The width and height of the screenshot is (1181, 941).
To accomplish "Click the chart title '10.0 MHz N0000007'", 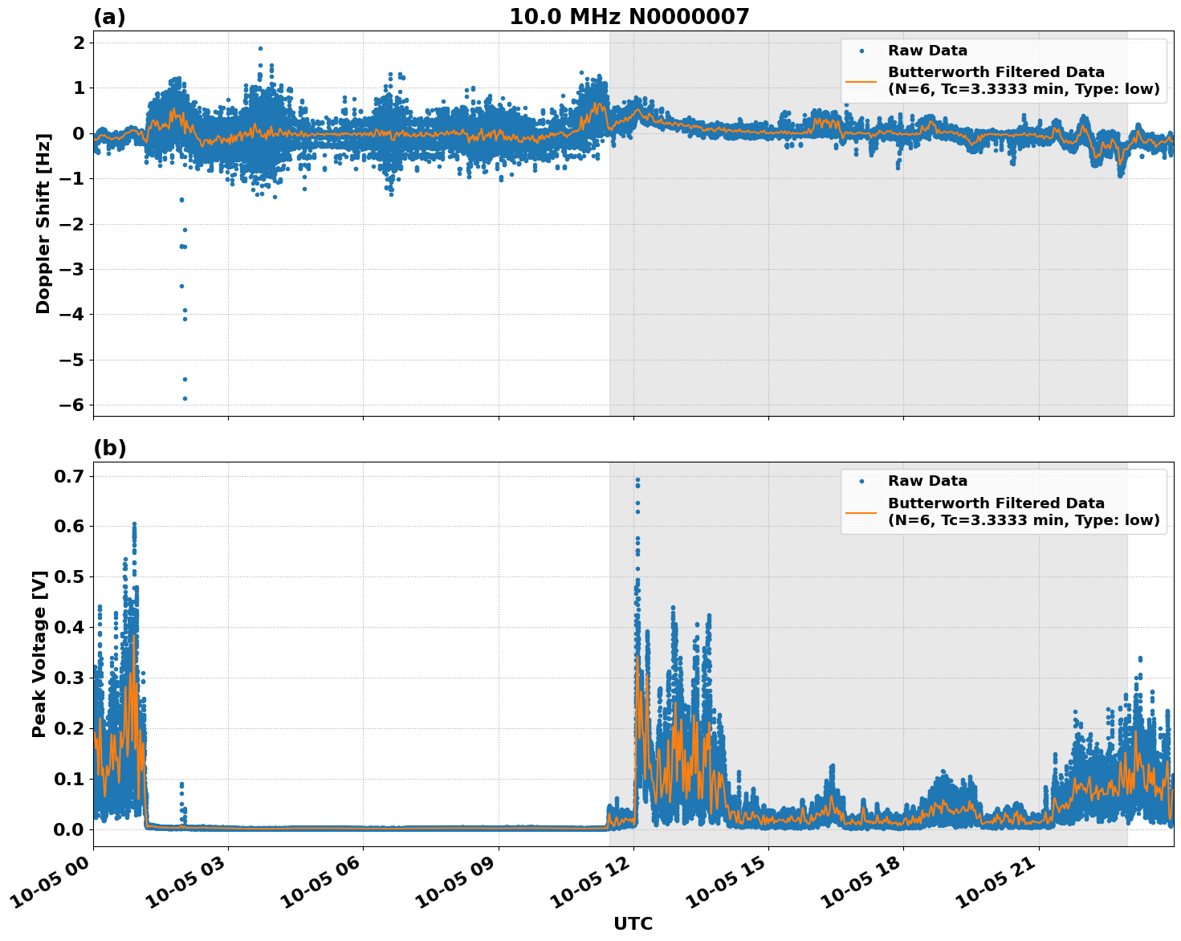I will pyautogui.click(x=629, y=17).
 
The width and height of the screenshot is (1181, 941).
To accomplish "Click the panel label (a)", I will pyautogui.click(x=109, y=17).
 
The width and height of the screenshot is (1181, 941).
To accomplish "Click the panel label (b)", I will pyautogui.click(x=109, y=448).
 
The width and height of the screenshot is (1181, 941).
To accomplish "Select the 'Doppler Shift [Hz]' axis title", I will pyautogui.click(x=43, y=223).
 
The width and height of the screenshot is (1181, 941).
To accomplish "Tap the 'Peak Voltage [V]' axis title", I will pyautogui.click(x=39, y=654).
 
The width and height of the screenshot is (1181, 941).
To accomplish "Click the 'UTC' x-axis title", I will pyautogui.click(x=633, y=923).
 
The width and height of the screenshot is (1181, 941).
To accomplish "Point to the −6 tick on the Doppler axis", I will pyautogui.click(x=73, y=405).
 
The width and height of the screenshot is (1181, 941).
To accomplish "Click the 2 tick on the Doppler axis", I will pyautogui.click(x=79, y=43).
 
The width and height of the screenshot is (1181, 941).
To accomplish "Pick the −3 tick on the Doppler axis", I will pyautogui.click(x=73, y=270).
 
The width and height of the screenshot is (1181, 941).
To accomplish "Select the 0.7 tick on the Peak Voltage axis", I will pyautogui.click(x=68, y=476).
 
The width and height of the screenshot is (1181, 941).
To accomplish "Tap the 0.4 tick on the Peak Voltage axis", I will pyautogui.click(x=68, y=627).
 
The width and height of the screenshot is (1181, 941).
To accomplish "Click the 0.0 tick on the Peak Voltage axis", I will pyautogui.click(x=68, y=829).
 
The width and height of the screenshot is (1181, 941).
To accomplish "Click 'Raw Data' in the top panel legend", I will pyautogui.click(x=927, y=51).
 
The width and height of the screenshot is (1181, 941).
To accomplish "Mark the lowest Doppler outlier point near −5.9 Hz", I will pyautogui.click(x=185, y=398).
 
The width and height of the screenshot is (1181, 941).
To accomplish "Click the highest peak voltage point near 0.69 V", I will pyautogui.click(x=637, y=480).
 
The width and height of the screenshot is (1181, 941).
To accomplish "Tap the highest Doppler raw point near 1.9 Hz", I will pyautogui.click(x=260, y=48).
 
